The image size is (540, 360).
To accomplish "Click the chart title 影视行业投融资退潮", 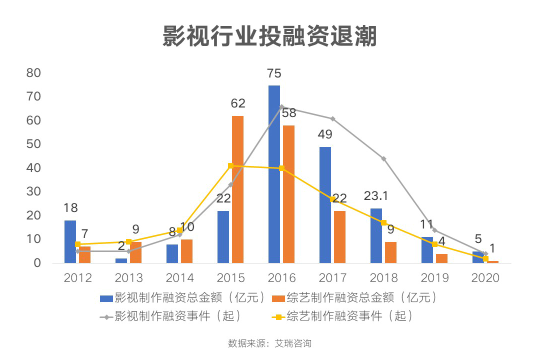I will [x=269, y=37].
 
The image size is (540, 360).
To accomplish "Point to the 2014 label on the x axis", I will [x=180, y=278].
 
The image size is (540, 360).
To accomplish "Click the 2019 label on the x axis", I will [x=435, y=278].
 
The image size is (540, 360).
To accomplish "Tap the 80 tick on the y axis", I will [x=33, y=73].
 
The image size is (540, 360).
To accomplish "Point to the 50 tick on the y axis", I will [x=33, y=144].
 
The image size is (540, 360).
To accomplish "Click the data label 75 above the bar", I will [x=274, y=74].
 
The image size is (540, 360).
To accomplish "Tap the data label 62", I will [x=238, y=103].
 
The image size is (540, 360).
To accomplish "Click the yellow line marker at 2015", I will [x=231, y=165].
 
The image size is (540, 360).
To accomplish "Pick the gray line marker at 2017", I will [x=333, y=118].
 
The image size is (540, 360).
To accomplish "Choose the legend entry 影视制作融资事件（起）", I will [x=171, y=316].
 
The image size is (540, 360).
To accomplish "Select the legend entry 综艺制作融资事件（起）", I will [x=343, y=316].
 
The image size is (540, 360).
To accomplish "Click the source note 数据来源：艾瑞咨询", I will [x=269, y=343].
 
